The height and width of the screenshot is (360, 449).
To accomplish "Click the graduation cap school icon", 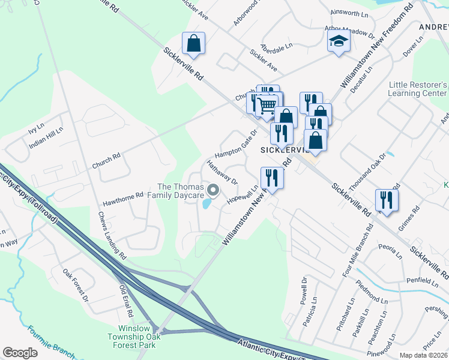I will click(x=339, y=42).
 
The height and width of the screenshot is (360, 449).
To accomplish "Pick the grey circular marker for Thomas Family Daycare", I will click(x=213, y=191).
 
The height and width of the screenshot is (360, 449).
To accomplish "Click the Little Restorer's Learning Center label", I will click(x=418, y=89).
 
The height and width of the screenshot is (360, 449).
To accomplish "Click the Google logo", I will click(x=20, y=353).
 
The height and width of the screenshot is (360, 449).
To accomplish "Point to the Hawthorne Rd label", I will click(x=122, y=195).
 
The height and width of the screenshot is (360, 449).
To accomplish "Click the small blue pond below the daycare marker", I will click(x=207, y=204).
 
